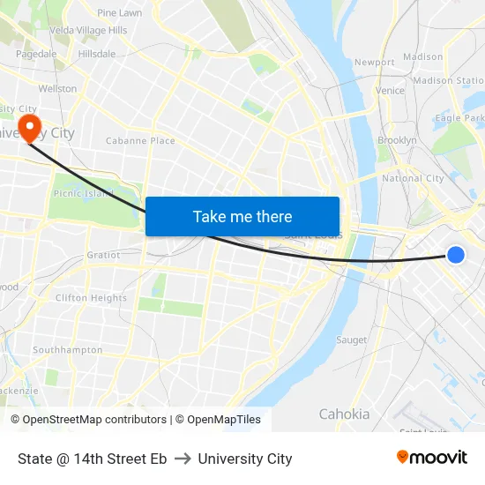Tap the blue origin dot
[x=456, y=255]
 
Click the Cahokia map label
[x=344, y=414]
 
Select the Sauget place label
[x=351, y=339]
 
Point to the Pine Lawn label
[x=119, y=13]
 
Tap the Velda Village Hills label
[x=88, y=30]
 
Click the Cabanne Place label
[x=140, y=140]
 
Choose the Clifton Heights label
[x=91, y=298]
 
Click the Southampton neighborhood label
[x=67, y=350]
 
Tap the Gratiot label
[x=103, y=255]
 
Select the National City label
[x=413, y=178]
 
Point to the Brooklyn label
[x=397, y=140]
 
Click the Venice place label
[x=389, y=90]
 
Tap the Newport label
[x=374, y=63]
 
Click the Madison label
[x=422, y=56]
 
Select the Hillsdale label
[x=96, y=54]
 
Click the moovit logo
[x=431, y=457]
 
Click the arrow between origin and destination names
[x=183, y=459]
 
